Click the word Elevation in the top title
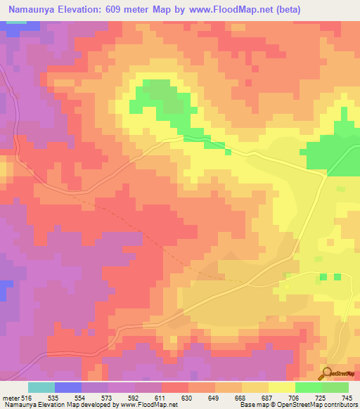88,9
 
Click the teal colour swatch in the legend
41,387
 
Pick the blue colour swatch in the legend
68,387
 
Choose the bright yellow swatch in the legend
282,387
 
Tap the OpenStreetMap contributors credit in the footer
317,405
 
